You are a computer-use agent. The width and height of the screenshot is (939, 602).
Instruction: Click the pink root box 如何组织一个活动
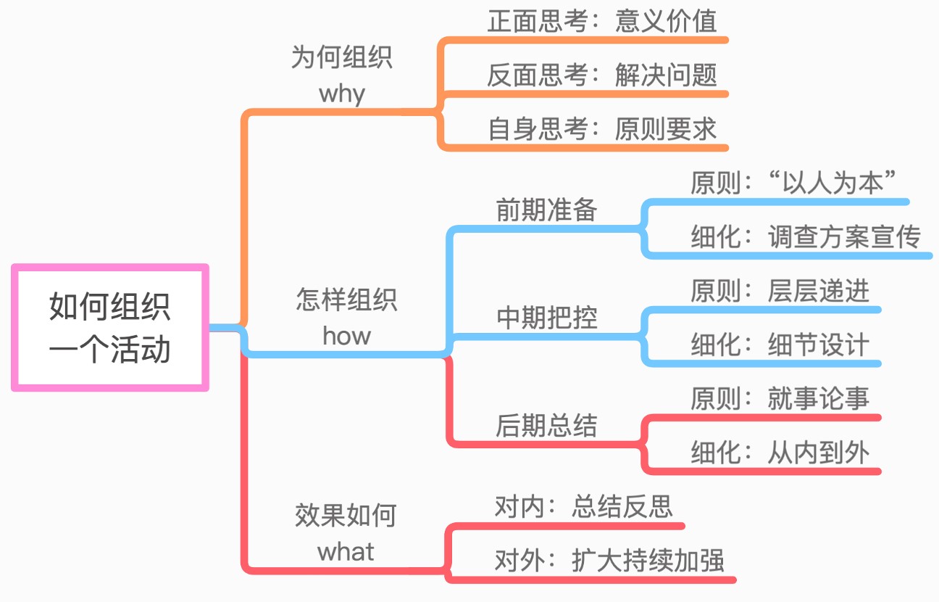[110, 328]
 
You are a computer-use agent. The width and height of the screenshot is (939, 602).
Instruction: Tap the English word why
[341, 94]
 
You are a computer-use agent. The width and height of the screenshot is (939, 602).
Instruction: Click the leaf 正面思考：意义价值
[602, 21]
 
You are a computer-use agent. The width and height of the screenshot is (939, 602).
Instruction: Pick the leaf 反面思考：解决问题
[602, 75]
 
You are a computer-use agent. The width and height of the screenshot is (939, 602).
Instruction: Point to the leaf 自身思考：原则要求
[602, 130]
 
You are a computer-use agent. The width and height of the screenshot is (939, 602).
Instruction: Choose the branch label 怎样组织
[346, 300]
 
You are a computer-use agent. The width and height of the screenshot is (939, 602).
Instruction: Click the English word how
[346, 336]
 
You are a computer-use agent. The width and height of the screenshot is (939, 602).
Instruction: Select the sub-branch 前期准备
[547, 210]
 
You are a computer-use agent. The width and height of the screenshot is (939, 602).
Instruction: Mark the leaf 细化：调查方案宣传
[805, 237]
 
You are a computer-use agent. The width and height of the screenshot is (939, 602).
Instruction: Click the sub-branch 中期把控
[547, 318]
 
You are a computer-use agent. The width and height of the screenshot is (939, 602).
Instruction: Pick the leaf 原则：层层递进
[780, 292]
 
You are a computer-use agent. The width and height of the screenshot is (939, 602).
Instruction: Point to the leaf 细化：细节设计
[780, 345]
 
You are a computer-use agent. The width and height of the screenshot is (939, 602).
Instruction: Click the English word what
[346, 552]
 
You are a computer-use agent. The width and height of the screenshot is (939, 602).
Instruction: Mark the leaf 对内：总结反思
[584, 506]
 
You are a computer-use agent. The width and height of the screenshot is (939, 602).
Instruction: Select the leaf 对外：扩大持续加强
[609, 561]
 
